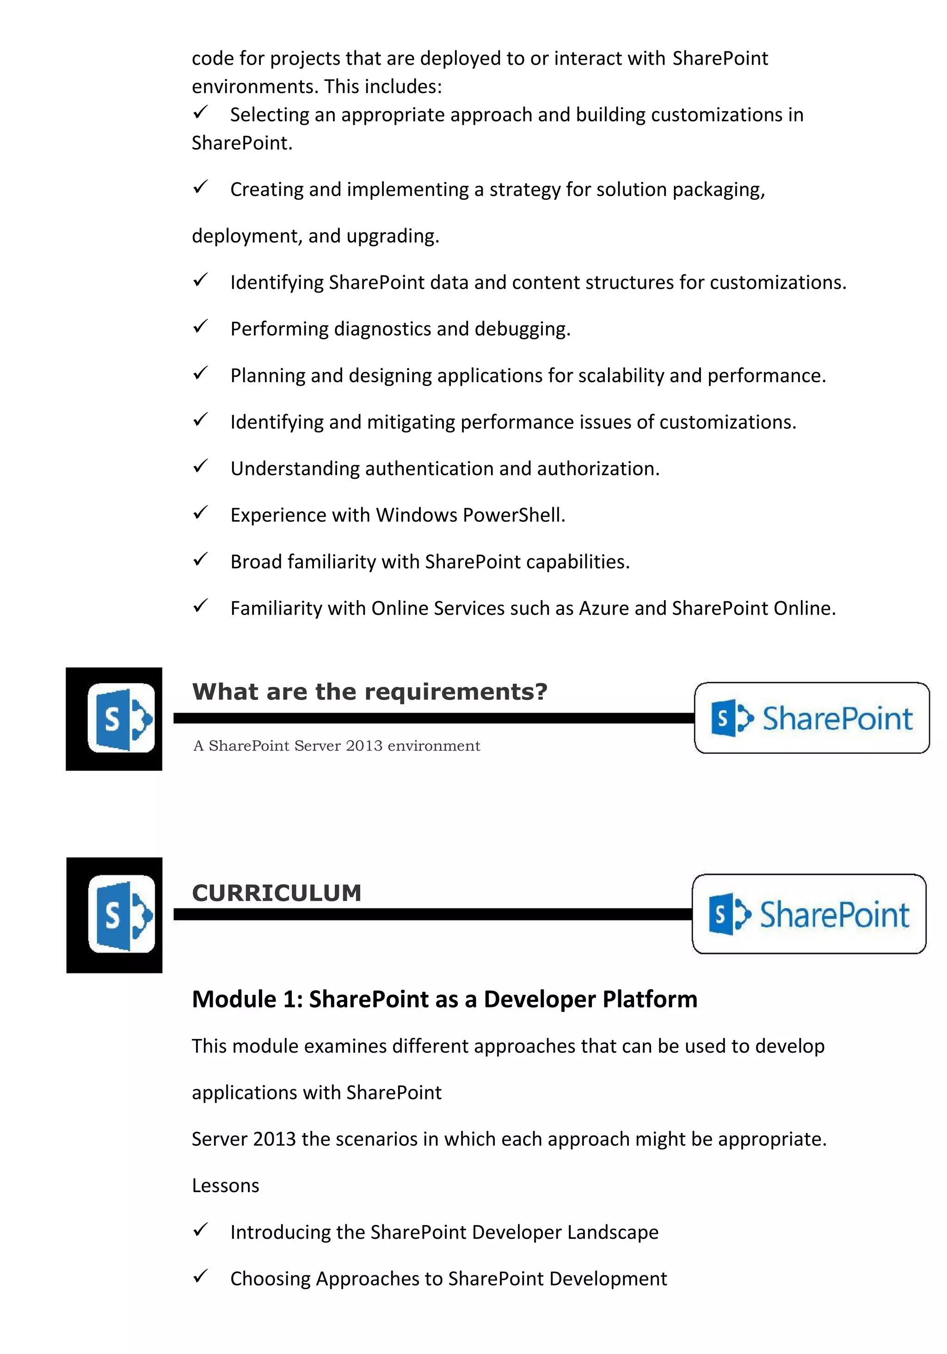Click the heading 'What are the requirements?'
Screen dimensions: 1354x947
click(x=369, y=691)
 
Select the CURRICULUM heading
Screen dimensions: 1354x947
click(x=277, y=893)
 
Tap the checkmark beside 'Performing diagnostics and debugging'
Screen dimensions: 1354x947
click(x=200, y=326)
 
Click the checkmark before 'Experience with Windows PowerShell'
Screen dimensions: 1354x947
click(x=200, y=512)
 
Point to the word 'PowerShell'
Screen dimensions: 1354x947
click(x=513, y=516)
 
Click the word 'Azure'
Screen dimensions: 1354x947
click(x=604, y=608)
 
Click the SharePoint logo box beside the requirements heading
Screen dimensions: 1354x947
click(x=812, y=718)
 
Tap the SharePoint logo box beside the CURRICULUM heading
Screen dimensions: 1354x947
click(x=809, y=913)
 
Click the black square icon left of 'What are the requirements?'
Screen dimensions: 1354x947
click(x=114, y=718)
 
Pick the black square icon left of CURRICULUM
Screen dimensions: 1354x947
click(x=114, y=915)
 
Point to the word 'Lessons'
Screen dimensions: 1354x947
click(x=225, y=1186)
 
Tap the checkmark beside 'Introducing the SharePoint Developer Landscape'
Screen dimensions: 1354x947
click(x=200, y=1230)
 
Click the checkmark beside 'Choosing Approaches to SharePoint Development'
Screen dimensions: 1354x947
click(x=200, y=1276)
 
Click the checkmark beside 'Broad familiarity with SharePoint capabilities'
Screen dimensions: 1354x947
click(x=200, y=559)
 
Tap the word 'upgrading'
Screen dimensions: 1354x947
click(x=393, y=236)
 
